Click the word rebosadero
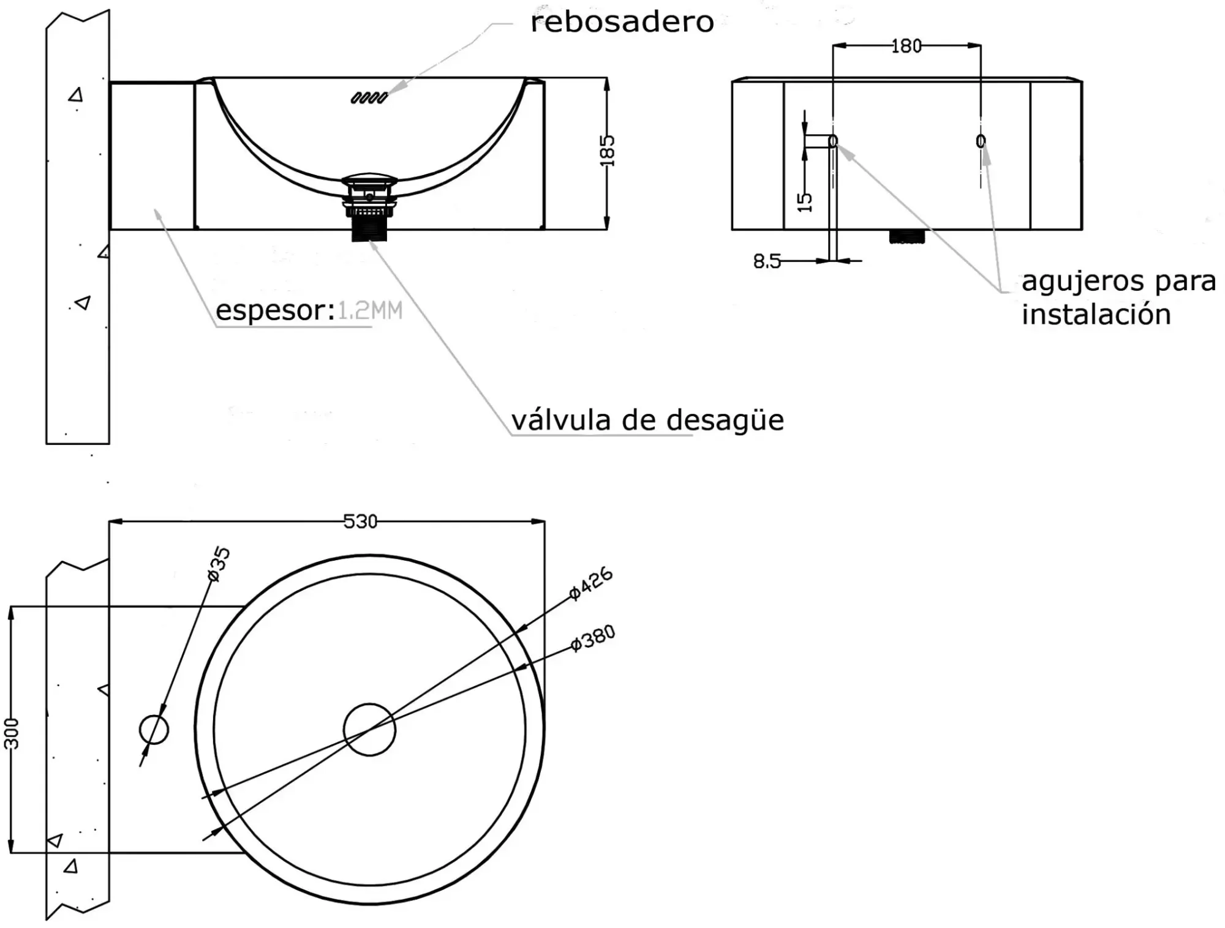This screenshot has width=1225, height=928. [622, 23]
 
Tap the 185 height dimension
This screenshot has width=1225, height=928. [606, 151]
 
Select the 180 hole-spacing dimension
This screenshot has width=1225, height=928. [906, 46]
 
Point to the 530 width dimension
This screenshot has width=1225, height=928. [360, 522]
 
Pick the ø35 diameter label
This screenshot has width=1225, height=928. [219, 563]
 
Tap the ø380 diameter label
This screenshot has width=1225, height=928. [592, 638]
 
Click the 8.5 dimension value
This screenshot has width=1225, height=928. [766, 262]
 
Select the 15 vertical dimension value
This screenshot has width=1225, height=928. [805, 202]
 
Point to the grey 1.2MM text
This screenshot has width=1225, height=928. [370, 311]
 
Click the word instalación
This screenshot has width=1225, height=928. [1096, 315]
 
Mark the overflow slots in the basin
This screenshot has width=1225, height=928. [369, 97]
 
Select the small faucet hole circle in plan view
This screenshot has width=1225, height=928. [154, 729]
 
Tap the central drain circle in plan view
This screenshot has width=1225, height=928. [369, 729]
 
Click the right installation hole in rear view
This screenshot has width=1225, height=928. [981, 141]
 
